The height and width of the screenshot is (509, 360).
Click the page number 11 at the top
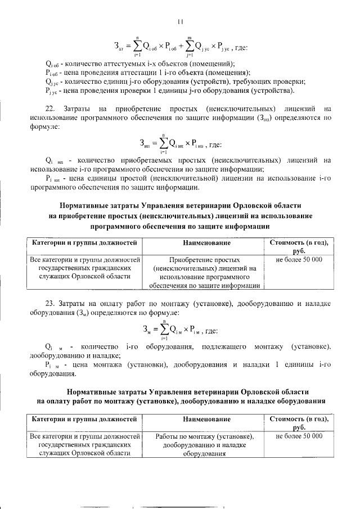[180, 22]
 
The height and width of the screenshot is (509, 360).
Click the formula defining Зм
[180, 329]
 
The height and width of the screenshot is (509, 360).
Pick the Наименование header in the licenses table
[206, 242]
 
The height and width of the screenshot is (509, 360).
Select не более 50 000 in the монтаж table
[299, 436]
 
